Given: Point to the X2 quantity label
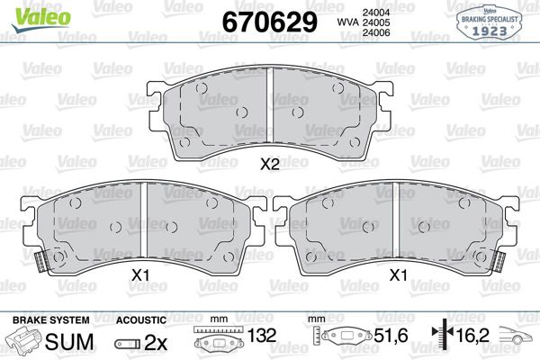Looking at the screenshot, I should coord(269,165).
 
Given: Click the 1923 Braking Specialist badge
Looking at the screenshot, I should coord(490,20).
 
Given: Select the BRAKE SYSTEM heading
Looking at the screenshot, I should coord(51,319).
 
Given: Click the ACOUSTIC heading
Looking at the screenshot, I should coord(141,319).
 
